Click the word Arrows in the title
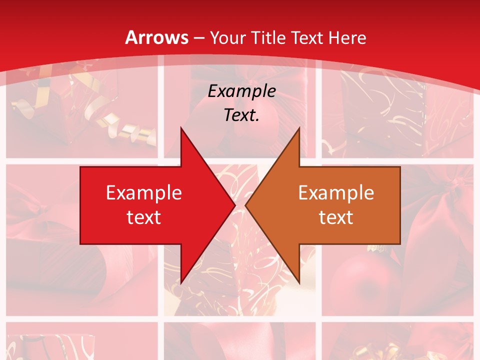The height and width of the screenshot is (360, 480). point(157,37)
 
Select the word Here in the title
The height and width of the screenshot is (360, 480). point(347,37)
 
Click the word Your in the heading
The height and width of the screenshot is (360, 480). point(228,37)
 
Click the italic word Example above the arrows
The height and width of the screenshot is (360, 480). point(241,91)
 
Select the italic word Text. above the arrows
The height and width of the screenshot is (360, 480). point(241,115)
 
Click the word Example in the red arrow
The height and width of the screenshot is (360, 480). point(144,192)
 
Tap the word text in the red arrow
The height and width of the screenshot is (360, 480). point(144,217)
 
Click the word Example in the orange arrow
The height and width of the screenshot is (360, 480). point(336,192)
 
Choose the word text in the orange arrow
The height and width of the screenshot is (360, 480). point(336,217)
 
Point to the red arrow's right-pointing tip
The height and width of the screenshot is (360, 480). point(234,205)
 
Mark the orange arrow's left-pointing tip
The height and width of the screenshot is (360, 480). point(246,205)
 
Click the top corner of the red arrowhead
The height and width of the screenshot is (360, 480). point(181,128)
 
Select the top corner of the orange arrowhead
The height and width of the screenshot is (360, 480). point(298,128)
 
